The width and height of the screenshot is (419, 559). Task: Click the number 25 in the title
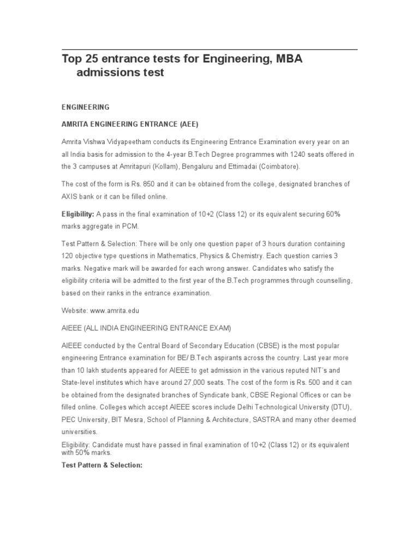pos(91,59)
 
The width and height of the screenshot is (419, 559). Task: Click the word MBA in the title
pos(286,59)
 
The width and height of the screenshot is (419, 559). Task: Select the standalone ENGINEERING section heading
pos(86,107)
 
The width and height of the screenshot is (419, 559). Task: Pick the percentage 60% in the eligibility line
pos(333,214)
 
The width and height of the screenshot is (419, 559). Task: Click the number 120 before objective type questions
pos(68,256)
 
